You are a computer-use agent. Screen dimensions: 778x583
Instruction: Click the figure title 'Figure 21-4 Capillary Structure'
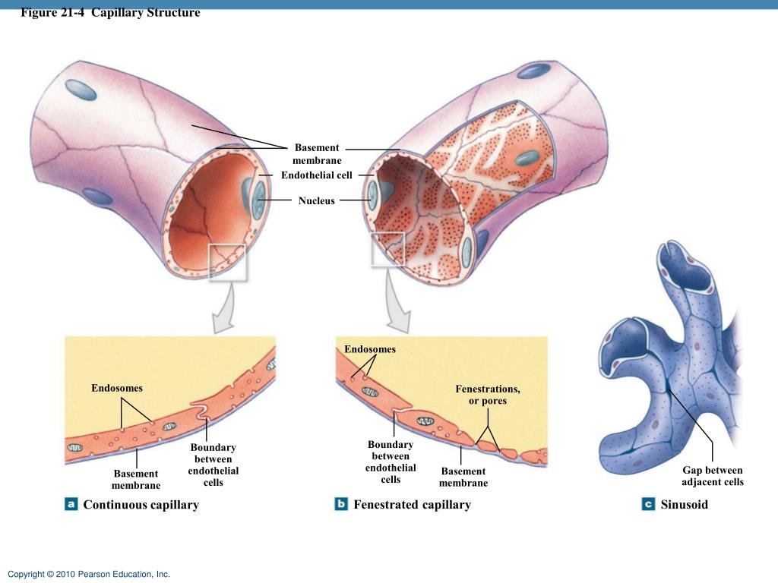click(110, 12)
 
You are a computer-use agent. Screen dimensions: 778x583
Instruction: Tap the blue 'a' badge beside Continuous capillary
click(71, 504)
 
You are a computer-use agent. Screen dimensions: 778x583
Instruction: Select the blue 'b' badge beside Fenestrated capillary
click(341, 504)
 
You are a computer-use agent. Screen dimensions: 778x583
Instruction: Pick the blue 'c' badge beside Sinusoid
click(648, 504)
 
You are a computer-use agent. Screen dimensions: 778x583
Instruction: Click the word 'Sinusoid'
click(685, 505)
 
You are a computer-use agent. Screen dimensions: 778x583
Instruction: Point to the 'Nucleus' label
click(317, 200)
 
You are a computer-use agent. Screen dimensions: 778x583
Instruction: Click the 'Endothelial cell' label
click(317, 175)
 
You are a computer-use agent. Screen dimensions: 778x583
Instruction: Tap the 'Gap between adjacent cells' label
click(713, 476)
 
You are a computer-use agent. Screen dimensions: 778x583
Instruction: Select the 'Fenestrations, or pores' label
click(488, 395)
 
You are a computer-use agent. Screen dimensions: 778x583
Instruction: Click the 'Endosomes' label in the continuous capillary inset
click(116, 388)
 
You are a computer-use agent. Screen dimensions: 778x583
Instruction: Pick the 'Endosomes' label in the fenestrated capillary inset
click(370, 349)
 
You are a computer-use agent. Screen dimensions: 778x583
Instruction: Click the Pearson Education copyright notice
click(89, 574)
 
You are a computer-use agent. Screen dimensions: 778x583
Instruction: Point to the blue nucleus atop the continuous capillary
click(81, 90)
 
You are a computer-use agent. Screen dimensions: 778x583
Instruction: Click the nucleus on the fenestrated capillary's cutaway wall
click(527, 159)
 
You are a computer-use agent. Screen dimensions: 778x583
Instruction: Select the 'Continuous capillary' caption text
click(141, 505)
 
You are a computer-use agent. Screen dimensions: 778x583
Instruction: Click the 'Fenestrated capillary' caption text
click(413, 505)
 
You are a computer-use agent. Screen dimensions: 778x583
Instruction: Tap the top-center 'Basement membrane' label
click(317, 153)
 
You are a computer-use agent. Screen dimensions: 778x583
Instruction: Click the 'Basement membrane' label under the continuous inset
click(136, 480)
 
